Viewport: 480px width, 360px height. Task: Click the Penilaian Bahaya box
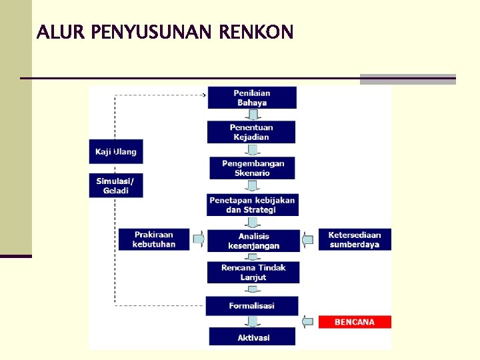click(x=252, y=98)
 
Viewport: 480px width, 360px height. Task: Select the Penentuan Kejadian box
click(x=251, y=132)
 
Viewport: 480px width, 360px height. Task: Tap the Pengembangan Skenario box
click(x=252, y=168)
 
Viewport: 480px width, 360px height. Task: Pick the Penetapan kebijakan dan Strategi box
click(x=252, y=205)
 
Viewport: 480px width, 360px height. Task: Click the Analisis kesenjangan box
click(x=253, y=241)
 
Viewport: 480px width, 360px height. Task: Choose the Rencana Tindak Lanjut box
click(x=253, y=272)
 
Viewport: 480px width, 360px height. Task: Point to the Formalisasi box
click(x=252, y=306)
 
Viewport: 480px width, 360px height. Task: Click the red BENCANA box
click(x=354, y=322)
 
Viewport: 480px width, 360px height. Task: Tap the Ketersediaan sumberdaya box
click(x=354, y=239)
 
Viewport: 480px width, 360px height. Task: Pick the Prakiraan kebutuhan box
click(x=154, y=239)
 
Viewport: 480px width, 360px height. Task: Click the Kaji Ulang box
click(x=116, y=151)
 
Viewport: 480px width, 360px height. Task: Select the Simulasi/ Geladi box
click(x=116, y=185)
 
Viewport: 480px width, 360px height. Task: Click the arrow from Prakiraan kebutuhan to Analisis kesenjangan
click(x=199, y=238)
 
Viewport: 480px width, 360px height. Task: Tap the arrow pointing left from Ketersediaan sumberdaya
click(x=307, y=239)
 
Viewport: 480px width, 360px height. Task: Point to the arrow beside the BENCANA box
click(x=307, y=322)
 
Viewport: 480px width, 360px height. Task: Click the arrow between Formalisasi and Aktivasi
click(x=252, y=321)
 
